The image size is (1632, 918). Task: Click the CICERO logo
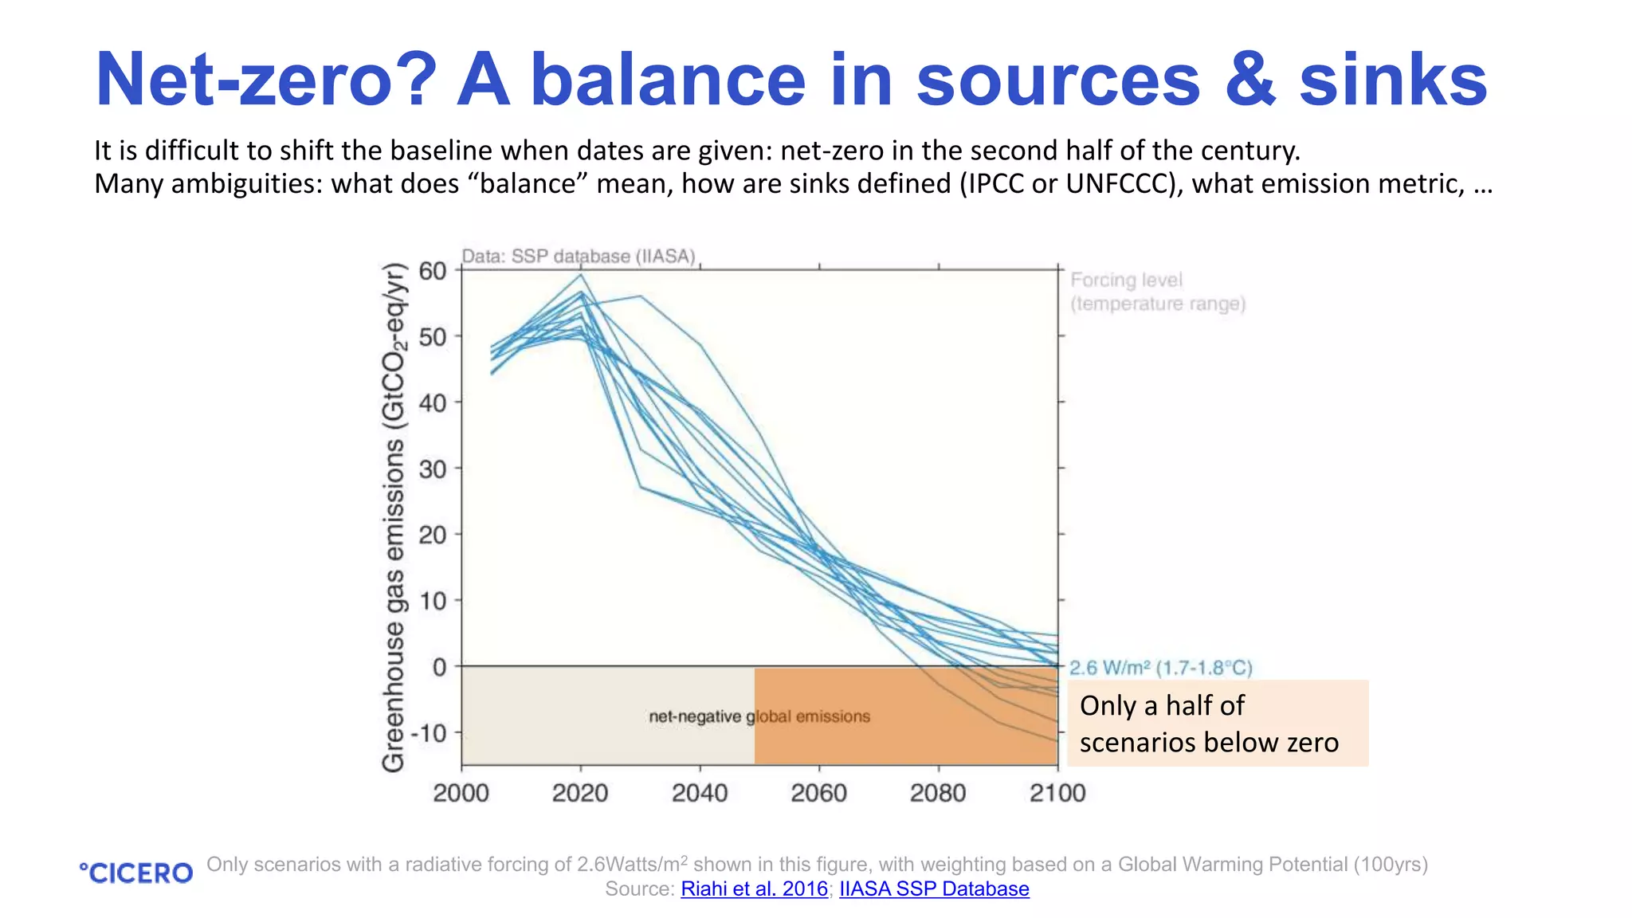click(136, 873)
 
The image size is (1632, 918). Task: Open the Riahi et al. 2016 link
click(754, 889)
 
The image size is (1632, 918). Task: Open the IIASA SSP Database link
click(934, 889)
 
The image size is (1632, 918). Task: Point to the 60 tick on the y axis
click(433, 271)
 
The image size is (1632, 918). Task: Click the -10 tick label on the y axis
click(428, 732)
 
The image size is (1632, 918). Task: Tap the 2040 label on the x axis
click(700, 793)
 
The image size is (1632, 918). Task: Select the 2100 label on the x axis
click(1057, 793)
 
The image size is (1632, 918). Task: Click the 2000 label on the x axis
click(461, 793)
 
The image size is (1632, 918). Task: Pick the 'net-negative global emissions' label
click(759, 716)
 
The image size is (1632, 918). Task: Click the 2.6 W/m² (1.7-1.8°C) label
click(1160, 668)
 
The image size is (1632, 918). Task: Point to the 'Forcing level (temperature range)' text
click(1157, 292)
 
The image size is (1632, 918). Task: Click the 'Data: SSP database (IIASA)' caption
click(579, 257)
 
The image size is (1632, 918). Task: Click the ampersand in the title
click(1250, 80)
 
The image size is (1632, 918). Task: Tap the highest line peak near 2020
click(581, 275)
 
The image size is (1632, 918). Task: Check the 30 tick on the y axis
click(433, 469)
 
